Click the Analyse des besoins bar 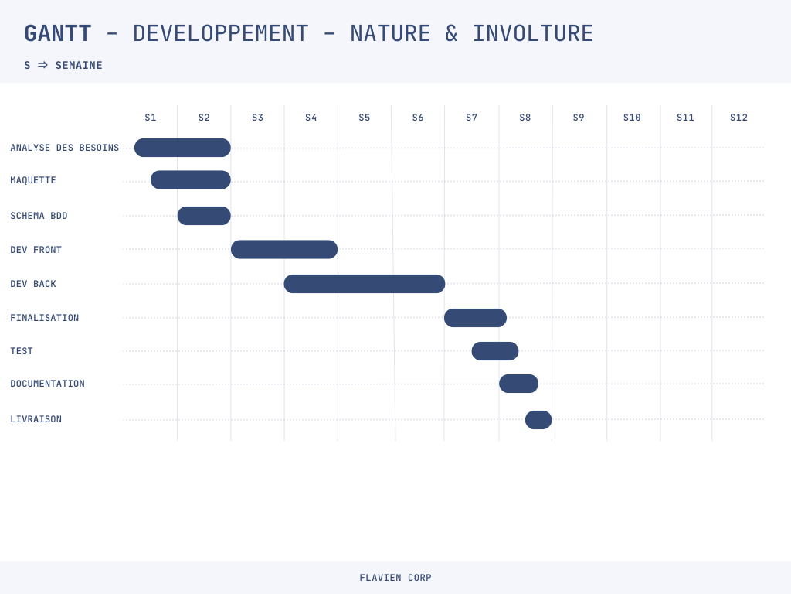(182, 148)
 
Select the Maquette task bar (191, 179)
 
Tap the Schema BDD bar (204, 216)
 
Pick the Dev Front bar (284, 250)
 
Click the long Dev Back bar (365, 284)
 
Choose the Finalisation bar (475, 318)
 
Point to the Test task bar (495, 351)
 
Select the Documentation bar (518, 384)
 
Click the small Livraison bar (538, 420)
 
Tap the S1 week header (151, 118)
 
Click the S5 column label (365, 118)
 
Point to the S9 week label (578, 118)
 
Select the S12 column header (738, 118)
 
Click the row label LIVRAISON (36, 419)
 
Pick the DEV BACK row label (33, 284)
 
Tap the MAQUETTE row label (33, 180)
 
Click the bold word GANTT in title (58, 34)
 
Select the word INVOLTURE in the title (533, 34)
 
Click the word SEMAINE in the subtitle (79, 65)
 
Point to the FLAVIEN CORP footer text (395, 578)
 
